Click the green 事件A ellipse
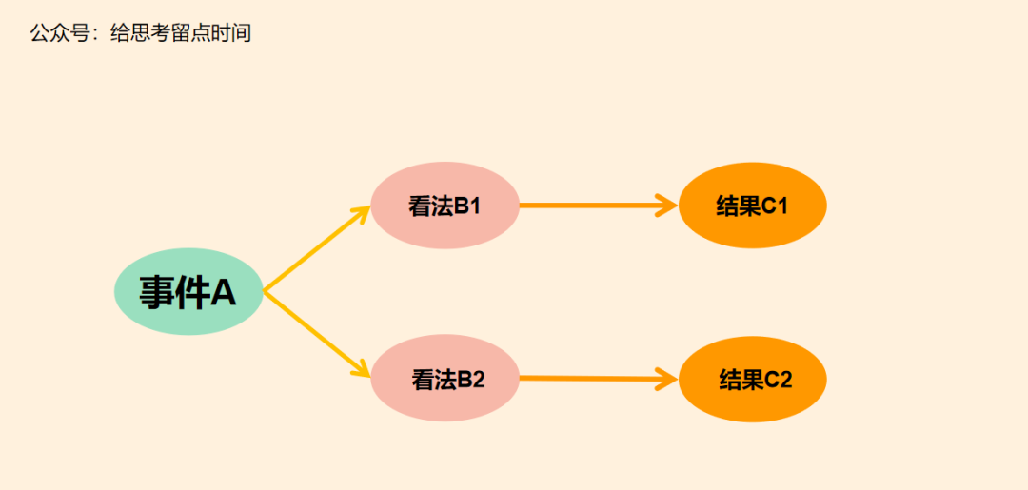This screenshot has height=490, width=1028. [x=188, y=292]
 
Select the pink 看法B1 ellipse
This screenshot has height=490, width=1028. [x=445, y=206]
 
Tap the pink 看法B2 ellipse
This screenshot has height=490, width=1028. [x=445, y=379]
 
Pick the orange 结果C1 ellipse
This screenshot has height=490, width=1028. [x=752, y=206]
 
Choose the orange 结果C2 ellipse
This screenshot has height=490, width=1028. [x=752, y=379]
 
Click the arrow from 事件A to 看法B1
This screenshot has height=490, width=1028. [x=314, y=249]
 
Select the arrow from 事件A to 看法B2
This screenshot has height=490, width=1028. [x=314, y=334]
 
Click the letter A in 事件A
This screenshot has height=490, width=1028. [x=223, y=292]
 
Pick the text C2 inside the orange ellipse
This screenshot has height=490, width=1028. [x=779, y=380]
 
